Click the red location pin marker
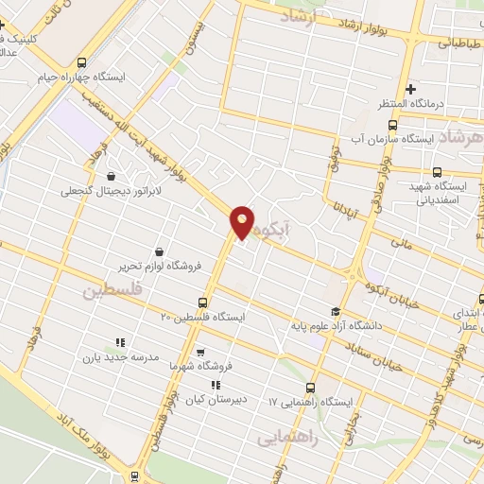pyautogui.click(x=243, y=222)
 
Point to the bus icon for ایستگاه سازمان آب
pyautogui.click(x=393, y=123)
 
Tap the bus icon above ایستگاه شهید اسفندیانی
pyautogui.click(x=437, y=172)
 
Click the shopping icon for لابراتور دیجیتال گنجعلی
pyautogui.click(x=111, y=176)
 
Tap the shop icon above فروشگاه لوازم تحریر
pyautogui.click(x=157, y=251)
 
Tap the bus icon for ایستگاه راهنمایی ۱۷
pyautogui.click(x=310, y=388)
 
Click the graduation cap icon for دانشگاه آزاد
pyautogui.click(x=335, y=312)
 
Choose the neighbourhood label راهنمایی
pyautogui.click(x=286, y=440)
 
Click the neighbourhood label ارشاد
pyautogui.click(x=302, y=16)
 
